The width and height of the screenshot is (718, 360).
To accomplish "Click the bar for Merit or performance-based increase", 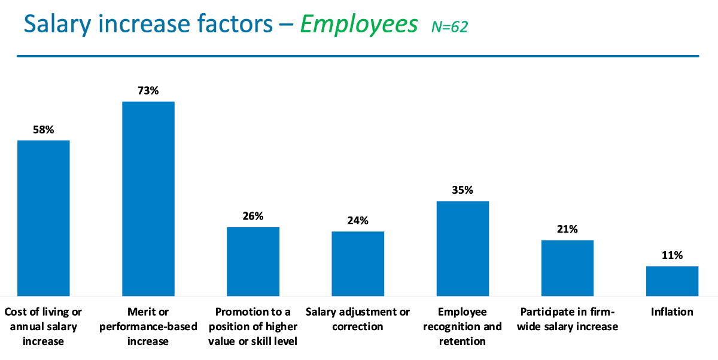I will point(148,199).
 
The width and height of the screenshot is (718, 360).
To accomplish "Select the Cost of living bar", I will point(44,218).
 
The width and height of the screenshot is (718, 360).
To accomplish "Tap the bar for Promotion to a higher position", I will point(253,261).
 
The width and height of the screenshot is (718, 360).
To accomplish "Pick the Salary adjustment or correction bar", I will point(358,263).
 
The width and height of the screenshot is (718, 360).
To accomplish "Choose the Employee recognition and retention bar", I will point(463,248).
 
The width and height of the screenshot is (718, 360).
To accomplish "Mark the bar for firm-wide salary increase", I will point(567,267).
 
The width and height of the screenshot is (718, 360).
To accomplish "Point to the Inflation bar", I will point(672,280).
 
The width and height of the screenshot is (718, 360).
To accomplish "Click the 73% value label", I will point(148,91).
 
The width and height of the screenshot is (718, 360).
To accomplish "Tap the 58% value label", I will point(44,130).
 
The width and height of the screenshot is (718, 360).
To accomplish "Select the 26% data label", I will point(253,216).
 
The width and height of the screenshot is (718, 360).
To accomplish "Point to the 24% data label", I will point(358,221).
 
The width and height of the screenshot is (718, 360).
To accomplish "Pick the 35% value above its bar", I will point(463,191).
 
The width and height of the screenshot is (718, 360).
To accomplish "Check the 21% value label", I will point(567,230).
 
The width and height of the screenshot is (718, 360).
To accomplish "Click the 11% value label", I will point(672,255).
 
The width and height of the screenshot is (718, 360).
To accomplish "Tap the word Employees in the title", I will point(359,25).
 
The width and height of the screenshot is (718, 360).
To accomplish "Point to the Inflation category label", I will point(672,312).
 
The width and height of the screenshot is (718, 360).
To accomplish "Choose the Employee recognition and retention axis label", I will point(463,327).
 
